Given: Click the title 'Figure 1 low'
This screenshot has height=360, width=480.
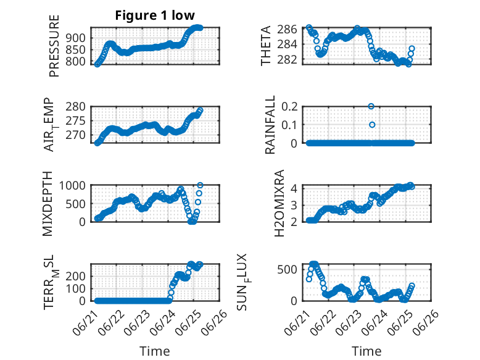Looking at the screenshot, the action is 155,15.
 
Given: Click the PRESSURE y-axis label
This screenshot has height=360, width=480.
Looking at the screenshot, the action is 54,46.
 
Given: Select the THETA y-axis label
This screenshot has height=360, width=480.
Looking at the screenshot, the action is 266,46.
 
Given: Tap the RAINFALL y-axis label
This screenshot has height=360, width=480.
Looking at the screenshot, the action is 270,124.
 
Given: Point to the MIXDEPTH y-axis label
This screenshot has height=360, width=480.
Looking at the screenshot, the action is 48,204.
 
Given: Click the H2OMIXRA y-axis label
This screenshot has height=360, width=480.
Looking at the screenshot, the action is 279,203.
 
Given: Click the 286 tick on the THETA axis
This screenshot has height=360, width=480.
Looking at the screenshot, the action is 287,30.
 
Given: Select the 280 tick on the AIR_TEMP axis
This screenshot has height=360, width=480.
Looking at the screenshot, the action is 75,107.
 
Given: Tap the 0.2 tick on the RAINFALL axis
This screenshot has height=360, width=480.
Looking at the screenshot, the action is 289,107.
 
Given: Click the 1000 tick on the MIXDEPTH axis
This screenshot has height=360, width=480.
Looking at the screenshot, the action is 72,185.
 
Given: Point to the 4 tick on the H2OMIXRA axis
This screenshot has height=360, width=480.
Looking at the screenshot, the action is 294,188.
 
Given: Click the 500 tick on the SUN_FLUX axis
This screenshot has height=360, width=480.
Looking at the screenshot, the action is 287,269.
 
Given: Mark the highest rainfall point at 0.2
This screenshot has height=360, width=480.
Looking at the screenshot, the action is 371,106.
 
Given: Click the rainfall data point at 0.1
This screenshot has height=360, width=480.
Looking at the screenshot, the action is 372,125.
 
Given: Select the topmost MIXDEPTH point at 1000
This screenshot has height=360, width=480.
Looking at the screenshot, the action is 200,185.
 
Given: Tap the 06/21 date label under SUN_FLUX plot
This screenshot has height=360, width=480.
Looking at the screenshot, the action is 296,322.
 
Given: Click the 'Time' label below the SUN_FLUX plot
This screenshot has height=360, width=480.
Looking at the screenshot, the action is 366,351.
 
